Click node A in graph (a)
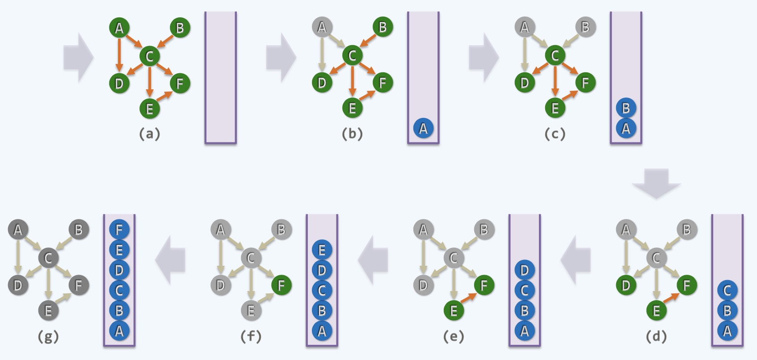tap(119, 28)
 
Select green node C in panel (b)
tap(352, 56)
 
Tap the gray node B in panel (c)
tap(585, 28)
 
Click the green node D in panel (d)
tap(626, 285)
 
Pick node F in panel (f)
tap(281, 285)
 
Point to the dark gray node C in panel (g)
tap(48, 258)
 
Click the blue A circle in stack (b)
tap(423, 129)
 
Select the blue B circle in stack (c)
tap(626, 108)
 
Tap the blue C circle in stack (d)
tap(727, 290)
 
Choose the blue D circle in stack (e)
tap(525, 270)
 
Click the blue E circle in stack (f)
tap(322, 250)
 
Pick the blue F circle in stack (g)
tap(119, 230)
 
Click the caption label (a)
tap(149, 134)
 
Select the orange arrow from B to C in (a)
tap(165, 42)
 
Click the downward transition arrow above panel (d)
tap(656, 183)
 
